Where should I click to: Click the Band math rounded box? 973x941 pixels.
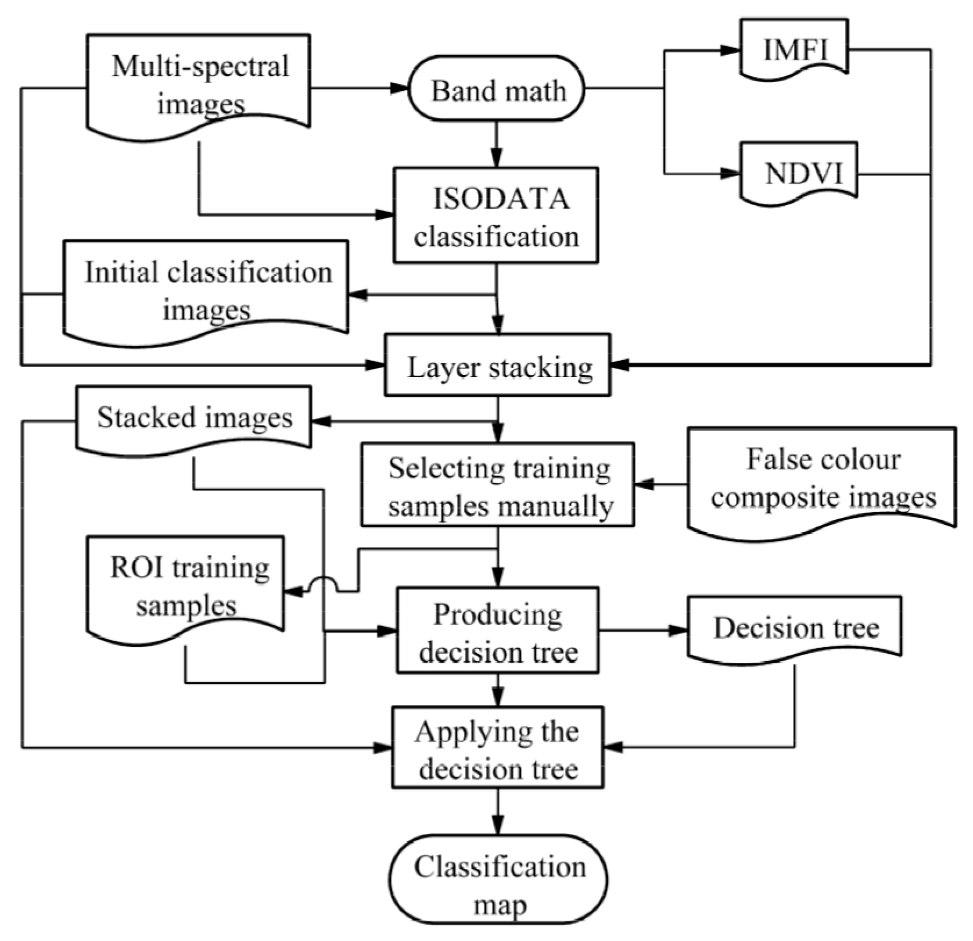click(497, 89)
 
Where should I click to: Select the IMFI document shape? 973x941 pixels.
click(794, 49)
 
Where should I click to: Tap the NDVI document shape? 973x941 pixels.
click(799, 173)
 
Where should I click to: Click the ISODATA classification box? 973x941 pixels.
click(496, 216)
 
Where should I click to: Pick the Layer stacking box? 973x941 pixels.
click(497, 366)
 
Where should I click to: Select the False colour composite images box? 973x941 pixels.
click(821, 479)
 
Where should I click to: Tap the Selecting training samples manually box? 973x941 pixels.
click(497, 485)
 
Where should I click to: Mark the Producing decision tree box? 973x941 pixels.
click(497, 631)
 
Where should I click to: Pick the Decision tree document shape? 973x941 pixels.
click(794, 628)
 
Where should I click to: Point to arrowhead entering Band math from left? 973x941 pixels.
click(400, 88)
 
